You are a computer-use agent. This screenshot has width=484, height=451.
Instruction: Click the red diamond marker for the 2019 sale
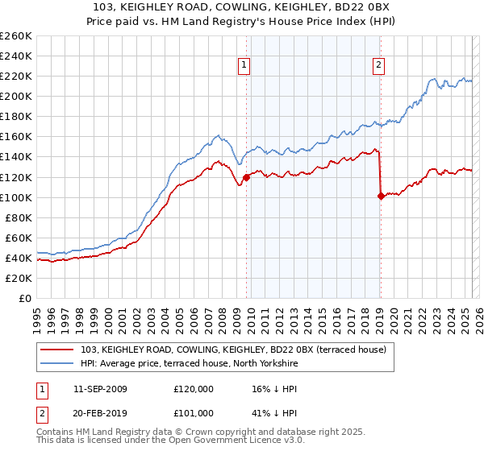381,196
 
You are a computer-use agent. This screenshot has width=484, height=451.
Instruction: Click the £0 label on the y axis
25,298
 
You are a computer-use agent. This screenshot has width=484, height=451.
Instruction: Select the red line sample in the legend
57,350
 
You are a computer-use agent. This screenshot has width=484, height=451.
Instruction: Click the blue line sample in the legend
57,364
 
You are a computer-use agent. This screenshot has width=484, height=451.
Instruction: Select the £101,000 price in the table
194,412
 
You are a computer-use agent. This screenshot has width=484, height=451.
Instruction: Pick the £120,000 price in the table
194,388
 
